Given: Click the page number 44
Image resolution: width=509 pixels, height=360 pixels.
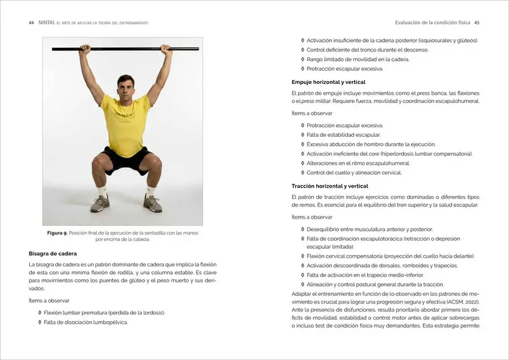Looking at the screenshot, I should coord(31,23).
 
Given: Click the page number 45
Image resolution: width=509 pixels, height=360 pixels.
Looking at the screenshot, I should coord(477,23).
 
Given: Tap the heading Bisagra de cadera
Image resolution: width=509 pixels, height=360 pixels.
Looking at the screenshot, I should coord(53,253).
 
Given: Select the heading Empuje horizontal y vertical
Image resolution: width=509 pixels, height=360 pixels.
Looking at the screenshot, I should coord(328,82).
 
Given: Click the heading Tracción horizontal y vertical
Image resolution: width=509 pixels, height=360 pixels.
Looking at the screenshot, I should coord(330,186).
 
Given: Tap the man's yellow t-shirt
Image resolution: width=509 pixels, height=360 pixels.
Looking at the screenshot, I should coord(125,125).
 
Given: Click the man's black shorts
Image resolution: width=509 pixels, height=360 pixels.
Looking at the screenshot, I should coord(125,160).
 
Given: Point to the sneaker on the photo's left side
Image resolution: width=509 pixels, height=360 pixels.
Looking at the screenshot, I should coord(100,203).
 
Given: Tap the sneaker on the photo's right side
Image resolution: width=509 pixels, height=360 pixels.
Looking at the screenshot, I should coord(152,203).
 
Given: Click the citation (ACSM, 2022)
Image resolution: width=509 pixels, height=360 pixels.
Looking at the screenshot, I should coord(453,302).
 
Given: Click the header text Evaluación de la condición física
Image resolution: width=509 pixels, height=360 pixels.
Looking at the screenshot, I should coord(433,23).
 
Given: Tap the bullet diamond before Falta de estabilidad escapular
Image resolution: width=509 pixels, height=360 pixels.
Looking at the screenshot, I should coord(303,135).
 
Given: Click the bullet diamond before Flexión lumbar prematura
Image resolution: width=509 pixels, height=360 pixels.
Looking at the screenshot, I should coord(39,313).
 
